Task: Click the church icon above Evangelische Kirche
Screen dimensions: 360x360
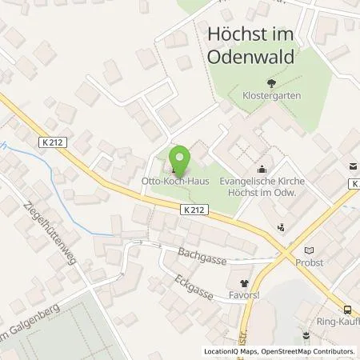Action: pyautogui.click(x=262, y=169)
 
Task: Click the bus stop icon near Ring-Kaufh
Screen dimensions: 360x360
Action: pyautogui.click(x=346, y=310)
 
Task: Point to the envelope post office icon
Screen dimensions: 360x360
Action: pyautogui.click(x=352, y=167)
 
